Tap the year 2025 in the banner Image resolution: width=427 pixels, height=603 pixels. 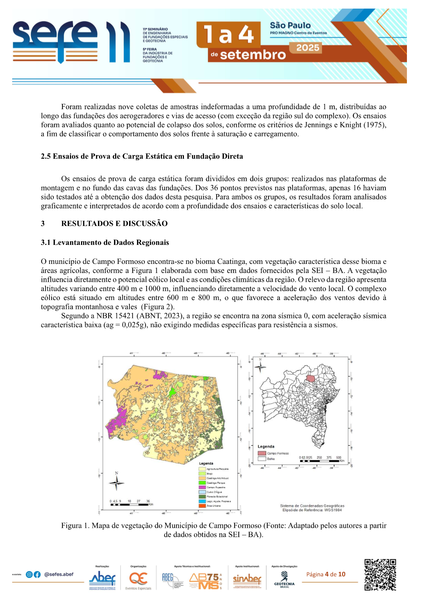[x=308, y=48]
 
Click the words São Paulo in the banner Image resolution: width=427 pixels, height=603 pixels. [x=290, y=25]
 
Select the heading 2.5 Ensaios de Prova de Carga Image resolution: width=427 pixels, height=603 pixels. [x=142, y=156]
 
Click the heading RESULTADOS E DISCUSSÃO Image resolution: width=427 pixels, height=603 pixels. [x=114, y=223]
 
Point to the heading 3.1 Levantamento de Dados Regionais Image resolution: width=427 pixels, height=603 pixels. [x=105, y=242]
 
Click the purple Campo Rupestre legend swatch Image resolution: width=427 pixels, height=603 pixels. [x=202, y=487]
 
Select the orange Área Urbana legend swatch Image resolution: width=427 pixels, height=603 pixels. [x=202, y=506]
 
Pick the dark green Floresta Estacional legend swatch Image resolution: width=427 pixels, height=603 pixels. [x=202, y=497]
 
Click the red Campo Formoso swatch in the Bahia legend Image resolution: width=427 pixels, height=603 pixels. [x=262, y=453]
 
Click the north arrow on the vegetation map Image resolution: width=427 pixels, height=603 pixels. [x=117, y=483]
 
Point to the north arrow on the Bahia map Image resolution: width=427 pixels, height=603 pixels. [x=260, y=367]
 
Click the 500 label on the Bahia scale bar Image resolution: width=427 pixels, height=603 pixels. [x=338, y=458]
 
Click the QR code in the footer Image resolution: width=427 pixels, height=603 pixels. [x=380, y=575]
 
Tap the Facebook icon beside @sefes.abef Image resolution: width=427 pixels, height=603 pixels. [x=37, y=575]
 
